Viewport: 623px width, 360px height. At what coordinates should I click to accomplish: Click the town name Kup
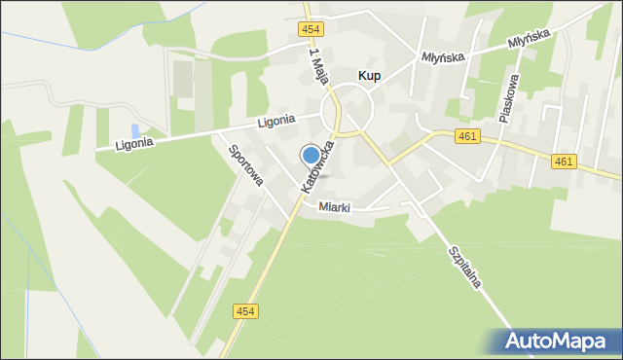[369, 74]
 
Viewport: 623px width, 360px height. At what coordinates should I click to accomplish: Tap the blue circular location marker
[311, 155]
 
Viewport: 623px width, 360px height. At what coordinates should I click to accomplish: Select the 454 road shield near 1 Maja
[309, 31]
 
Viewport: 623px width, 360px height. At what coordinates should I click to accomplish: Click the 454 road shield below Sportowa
[246, 310]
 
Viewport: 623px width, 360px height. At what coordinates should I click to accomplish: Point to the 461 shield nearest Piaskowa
[466, 137]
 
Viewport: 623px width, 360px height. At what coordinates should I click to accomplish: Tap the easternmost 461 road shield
[563, 161]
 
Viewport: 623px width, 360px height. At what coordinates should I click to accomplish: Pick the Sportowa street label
[245, 165]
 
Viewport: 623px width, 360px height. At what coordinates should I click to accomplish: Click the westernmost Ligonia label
[134, 143]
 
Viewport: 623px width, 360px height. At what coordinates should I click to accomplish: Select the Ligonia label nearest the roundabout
[275, 123]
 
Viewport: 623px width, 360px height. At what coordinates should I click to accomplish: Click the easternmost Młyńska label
[530, 38]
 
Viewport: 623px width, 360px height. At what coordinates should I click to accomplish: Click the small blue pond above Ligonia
[135, 130]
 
